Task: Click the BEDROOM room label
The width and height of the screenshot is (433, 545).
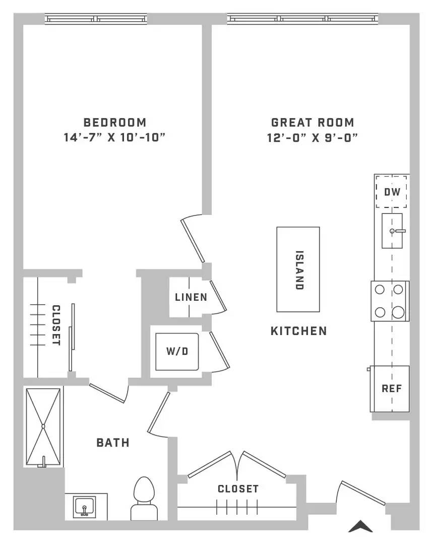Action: [115, 122]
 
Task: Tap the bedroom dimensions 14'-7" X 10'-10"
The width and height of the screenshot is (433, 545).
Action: [114, 137]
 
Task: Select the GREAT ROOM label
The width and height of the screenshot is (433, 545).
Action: [313, 122]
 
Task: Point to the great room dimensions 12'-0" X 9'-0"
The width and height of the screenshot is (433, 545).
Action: [312, 138]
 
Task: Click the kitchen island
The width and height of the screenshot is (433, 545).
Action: [298, 269]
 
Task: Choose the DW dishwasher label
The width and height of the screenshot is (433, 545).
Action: [392, 192]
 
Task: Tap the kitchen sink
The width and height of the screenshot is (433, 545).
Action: [392, 231]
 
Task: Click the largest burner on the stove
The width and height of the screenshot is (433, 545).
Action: [398, 312]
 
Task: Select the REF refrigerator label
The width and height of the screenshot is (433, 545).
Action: [392, 388]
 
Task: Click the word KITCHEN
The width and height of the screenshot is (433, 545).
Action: [298, 331]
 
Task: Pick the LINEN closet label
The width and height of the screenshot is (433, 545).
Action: [191, 297]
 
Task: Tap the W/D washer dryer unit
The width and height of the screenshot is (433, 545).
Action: [177, 351]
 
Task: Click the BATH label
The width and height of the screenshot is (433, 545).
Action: [113, 443]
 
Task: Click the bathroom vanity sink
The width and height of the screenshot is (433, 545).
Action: [84, 507]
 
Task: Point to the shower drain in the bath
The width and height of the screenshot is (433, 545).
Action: [43, 426]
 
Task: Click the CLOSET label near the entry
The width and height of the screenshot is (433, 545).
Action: [238, 488]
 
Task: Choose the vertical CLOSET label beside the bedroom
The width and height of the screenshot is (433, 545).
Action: [56, 325]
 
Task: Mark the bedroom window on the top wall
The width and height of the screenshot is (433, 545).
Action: [96, 19]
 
